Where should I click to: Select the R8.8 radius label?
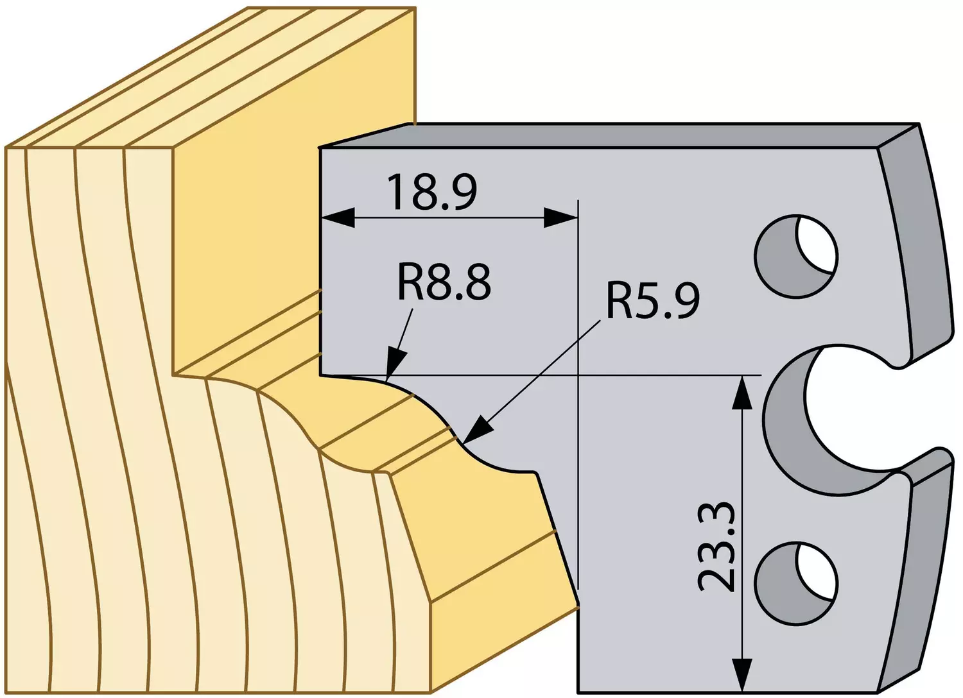pos(444,284)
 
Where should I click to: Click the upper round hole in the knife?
pos(796,257)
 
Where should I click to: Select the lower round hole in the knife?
pos(796,583)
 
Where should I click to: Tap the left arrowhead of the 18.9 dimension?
pos(338,217)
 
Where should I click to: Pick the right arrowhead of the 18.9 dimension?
pos(560,217)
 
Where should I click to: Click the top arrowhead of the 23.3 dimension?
pos(742,392)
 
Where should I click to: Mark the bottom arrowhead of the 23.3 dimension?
pos(742,675)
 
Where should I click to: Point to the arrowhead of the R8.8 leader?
pos(395,364)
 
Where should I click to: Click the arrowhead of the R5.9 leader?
pos(476,430)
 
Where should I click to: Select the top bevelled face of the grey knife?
pos(619,136)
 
